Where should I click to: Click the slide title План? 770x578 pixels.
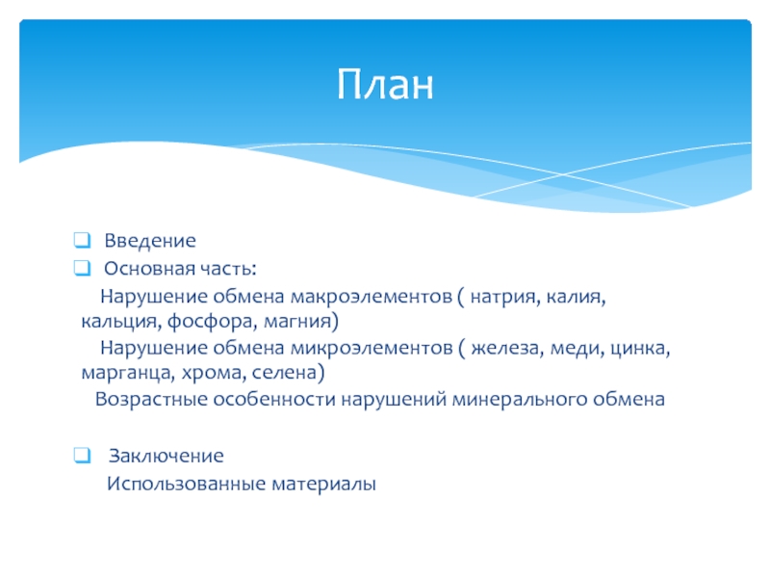[x=386, y=84]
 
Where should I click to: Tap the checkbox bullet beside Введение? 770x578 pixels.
[x=82, y=240]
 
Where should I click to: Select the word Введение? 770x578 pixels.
[x=150, y=240]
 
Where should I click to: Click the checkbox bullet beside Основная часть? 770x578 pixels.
[x=82, y=268]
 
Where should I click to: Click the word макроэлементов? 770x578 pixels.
[x=372, y=297]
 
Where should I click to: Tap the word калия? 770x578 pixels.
[x=576, y=298]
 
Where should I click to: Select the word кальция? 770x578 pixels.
[x=121, y=322]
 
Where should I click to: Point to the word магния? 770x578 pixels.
[x=298, y=322]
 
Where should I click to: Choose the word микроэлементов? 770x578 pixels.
[x=372, y=348]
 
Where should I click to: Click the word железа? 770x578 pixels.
[x=507, y=349]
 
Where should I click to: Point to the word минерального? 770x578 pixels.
[x=519, y=399]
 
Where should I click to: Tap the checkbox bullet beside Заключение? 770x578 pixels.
[x=82, y=455]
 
